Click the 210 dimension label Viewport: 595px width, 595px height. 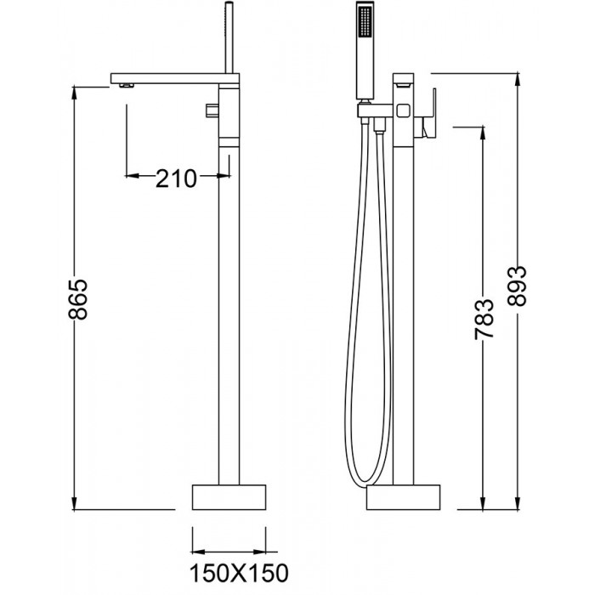[x=177, y=178]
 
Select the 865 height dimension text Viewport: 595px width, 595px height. [x=78, y=298]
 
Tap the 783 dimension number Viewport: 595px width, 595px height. [x=484, y=319]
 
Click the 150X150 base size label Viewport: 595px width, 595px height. [x=228, y=568]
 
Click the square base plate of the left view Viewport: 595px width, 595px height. [x=228, y=497]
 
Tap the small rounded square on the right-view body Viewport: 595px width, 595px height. [x=403, y=109]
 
